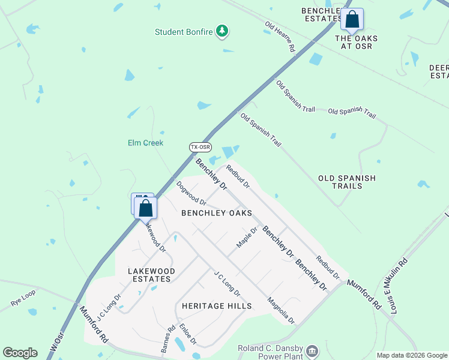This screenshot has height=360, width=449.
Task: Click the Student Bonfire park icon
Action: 222,31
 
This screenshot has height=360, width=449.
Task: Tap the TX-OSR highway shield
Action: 200,147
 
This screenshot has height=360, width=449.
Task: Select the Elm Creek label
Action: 145,143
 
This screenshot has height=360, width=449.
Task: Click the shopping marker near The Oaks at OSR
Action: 352,20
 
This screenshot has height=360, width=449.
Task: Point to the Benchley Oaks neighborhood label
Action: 216,213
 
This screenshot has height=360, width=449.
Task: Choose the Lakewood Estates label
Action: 152,275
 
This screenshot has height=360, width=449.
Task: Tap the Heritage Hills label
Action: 216,306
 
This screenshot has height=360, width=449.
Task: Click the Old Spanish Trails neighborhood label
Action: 347,182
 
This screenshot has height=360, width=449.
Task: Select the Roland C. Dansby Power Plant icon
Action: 312,350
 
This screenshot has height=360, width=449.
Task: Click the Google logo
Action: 20,353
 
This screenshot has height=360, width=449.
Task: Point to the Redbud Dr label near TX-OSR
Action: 238,176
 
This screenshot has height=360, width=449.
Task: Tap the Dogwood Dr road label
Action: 191,193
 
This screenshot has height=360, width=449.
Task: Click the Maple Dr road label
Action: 247,238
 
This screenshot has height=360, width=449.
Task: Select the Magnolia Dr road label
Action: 281,311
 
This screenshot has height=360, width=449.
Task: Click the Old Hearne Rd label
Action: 280,36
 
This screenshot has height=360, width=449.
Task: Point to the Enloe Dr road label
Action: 188,333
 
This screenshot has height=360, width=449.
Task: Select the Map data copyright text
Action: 411,355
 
